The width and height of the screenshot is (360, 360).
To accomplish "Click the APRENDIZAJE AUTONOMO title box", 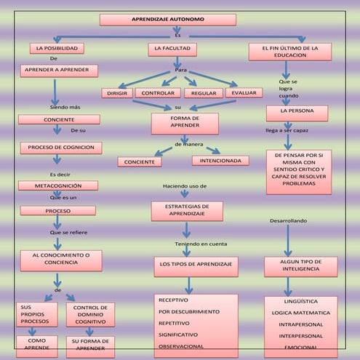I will [177, 20].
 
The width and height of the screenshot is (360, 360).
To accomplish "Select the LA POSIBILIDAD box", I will [57, 48].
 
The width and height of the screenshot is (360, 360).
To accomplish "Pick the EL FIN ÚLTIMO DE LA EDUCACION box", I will [289, 51].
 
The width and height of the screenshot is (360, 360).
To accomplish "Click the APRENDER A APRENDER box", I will [59, 70].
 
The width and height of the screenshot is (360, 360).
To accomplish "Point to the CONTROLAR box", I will [157, 93].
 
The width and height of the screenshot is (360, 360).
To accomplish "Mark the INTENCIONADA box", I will [219, 160].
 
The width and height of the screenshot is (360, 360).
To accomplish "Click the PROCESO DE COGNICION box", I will [60, 148].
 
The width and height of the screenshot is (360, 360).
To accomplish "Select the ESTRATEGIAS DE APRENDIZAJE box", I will [186, 211].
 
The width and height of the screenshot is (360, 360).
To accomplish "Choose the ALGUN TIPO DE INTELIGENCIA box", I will [300, 265].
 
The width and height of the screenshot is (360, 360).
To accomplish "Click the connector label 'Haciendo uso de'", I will [185, 187].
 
